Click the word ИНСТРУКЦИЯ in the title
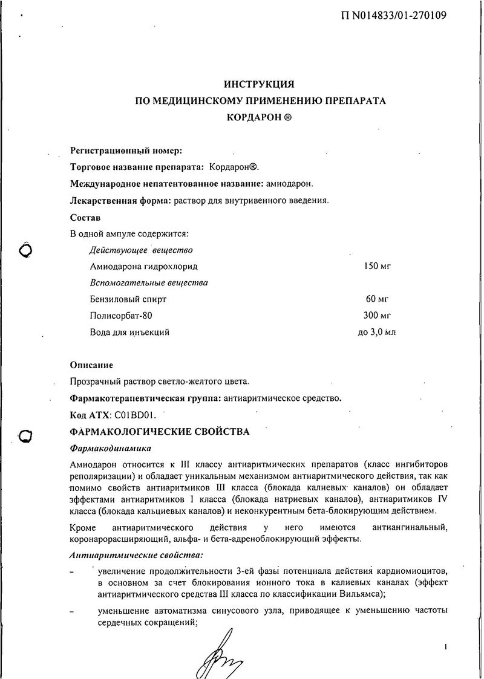click(259, 85)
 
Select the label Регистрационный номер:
click(126, 150)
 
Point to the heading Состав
click(86, 216)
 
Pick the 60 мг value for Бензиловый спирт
click(375, 299)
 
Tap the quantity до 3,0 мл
click(378, 332)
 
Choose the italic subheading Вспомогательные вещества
click(148, 282)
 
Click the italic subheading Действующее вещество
click(140, 250)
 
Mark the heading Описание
click(91, 365)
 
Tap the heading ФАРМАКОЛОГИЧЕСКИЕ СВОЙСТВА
click(159, 432)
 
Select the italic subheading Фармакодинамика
click(111, 449)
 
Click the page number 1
click(445, 648)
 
